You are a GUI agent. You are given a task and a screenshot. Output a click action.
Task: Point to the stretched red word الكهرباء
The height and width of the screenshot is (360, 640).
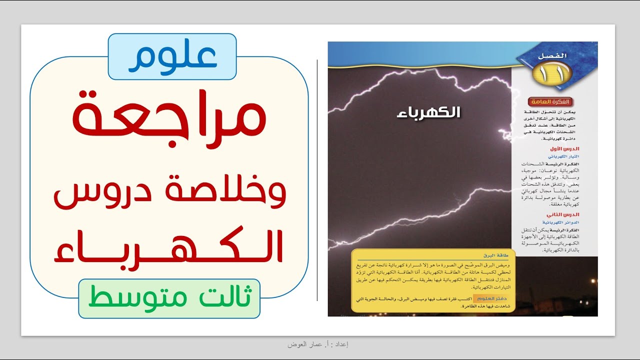[x=168, y=246]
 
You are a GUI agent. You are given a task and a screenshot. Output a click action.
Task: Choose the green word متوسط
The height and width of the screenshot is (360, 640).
[x=131, y=298]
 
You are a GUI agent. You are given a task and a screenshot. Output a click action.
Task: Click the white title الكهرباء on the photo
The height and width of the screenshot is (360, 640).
[x=421, y=112]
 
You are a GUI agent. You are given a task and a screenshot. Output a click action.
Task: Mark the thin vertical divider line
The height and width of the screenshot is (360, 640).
[x=317, y=180]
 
